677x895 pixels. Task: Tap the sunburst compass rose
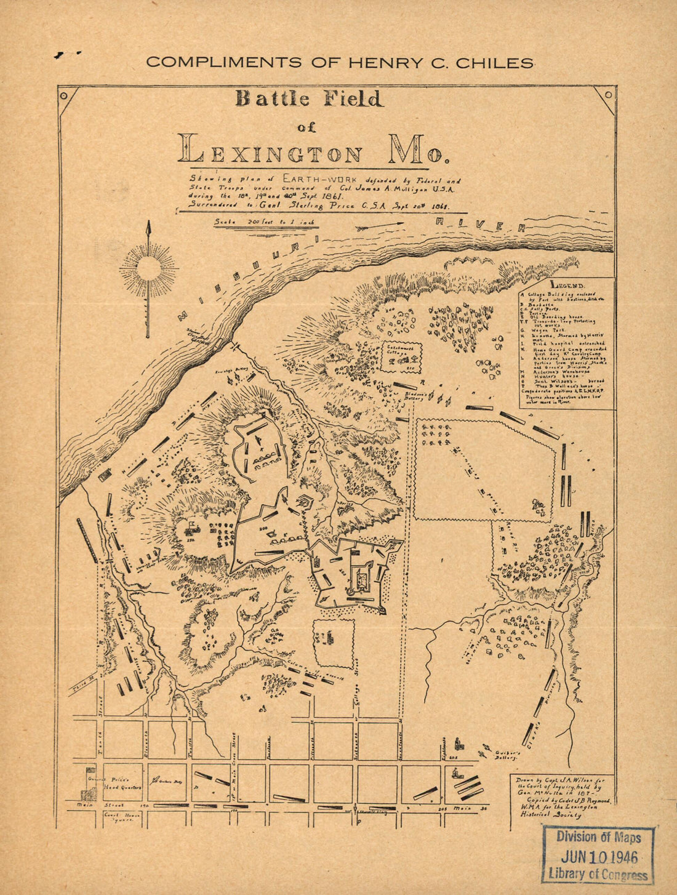tap(148, 268)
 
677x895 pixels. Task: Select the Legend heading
tap(567, 285)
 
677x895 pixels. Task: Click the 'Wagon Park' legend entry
tap(542, 330)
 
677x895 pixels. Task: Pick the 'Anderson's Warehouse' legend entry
tap(554, 372)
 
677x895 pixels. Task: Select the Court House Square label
tap(122, 817)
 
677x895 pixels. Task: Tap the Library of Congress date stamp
tap(598, 857)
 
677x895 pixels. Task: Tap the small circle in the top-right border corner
tap(608, 94)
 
